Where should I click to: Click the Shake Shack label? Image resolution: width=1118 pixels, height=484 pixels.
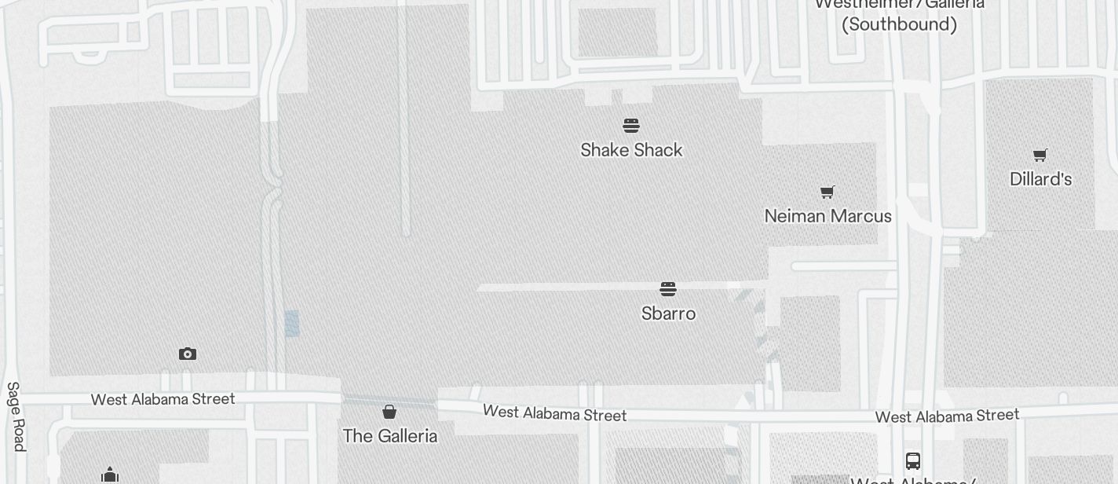click(631, 150)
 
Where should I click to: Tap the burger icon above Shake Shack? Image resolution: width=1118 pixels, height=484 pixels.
click(631, 126)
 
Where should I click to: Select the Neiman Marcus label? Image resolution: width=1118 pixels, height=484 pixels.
click(828, 216)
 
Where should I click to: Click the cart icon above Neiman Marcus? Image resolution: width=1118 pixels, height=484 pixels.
click(827, 192)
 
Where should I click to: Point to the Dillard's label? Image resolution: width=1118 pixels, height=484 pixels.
click(1040, 179)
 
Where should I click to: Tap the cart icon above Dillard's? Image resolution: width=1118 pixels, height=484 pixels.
click(1040, 155)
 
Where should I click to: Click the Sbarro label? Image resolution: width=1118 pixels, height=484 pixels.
click(668, 313)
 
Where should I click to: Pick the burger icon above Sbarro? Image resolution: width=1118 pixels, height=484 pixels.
click(668, 289)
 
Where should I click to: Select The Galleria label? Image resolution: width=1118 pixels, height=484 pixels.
click(389, 435)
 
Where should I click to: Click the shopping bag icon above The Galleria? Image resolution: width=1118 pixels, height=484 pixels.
click(389, 412)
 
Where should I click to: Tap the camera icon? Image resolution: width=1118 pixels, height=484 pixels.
click(187, 354)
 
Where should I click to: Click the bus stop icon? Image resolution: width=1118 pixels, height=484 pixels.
click(912, 461)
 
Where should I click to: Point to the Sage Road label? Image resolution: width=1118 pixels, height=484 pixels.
click(16, 416)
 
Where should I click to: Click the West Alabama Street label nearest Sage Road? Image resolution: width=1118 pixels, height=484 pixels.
click(163, 399)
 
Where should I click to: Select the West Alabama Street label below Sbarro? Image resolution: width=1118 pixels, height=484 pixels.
click(554, 412)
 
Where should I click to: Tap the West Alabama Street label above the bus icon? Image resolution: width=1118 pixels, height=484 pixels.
click(947, 416)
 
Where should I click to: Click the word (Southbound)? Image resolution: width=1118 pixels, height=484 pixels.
click(899, 24)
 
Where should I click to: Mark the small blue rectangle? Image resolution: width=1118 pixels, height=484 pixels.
click(292, 324)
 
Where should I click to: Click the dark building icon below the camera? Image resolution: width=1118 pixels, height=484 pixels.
click(110, 475)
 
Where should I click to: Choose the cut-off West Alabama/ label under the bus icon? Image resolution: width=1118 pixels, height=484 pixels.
click(913, 480)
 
